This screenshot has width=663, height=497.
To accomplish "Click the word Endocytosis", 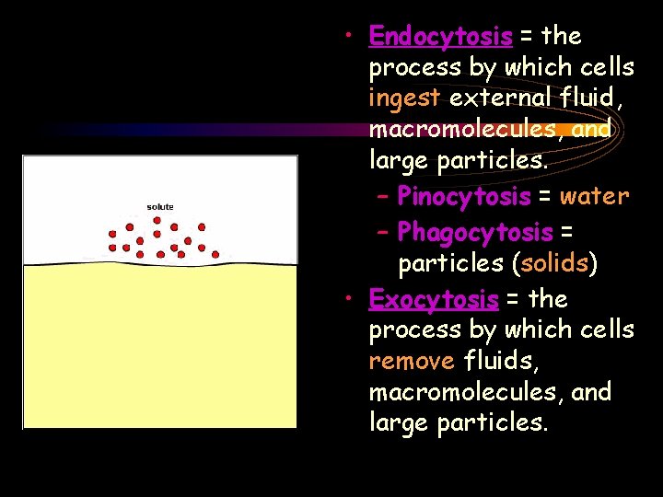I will (440, 37).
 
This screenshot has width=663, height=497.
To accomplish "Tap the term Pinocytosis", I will (464, 197).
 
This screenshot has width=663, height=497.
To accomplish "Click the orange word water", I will (594, 197).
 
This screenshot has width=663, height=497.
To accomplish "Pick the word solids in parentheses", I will (555, 264).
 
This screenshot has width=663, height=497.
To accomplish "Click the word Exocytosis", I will (433, 299).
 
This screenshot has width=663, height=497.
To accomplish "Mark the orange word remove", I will (412, 361).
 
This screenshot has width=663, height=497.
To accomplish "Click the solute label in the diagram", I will (160, 206).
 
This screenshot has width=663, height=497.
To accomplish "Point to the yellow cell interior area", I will (159, 350).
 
